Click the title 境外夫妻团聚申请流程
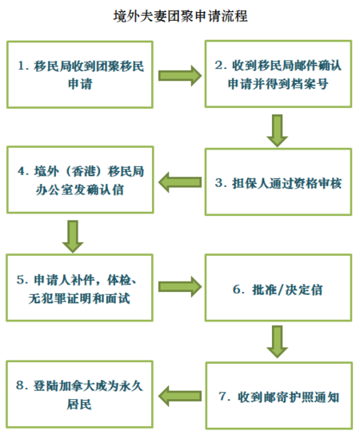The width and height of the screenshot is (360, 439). (x=181, y=16)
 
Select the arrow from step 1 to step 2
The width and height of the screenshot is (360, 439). (x=180, y=76)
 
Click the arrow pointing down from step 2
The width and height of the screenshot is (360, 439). (x=278, y=130)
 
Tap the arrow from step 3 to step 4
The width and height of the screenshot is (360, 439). (x=180, y=182)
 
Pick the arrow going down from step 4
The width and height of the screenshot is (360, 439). (x=73, y=237)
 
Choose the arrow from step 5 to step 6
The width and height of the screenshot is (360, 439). (x=180, y=287)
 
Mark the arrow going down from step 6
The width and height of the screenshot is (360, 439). (x=278, y=341)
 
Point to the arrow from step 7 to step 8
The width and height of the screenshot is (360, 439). (x=180, y=396)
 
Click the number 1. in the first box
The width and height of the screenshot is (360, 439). (x=23, y=66)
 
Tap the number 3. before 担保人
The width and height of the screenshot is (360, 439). (x=221, y=183)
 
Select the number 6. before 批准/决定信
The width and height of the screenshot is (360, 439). (x=238, y=289)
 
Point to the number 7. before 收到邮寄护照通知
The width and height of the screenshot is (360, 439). (x=225, y=397)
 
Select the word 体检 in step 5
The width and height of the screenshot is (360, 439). (x=119, y=280)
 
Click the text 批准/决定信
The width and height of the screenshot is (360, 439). (x=287, y=289)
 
